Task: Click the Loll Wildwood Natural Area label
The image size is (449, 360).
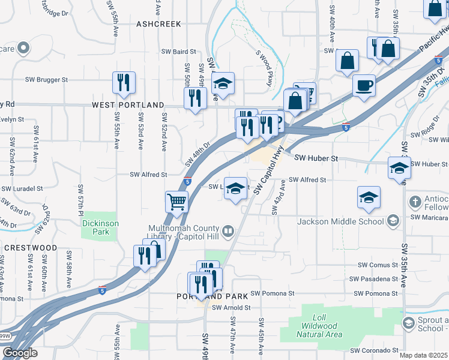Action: [319, 326]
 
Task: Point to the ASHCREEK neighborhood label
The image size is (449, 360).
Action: [158, 23]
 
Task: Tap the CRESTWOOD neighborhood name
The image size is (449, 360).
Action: [30, 247]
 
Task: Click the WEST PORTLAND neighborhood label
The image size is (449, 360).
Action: [128, 104]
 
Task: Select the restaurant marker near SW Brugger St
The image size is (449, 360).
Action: [124, 83]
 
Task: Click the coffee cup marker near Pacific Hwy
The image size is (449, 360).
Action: [364, 85]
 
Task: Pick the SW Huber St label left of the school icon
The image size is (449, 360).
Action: [317, 158]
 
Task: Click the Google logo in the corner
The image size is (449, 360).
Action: [20, 353]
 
